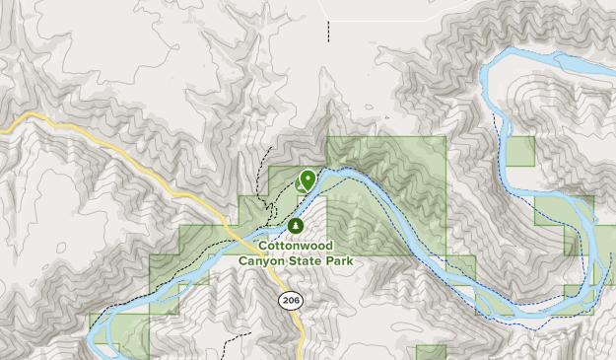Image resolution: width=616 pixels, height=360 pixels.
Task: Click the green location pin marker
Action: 308,180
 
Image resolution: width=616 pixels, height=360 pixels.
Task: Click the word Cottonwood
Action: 295,246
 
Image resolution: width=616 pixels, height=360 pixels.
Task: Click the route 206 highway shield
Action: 290,300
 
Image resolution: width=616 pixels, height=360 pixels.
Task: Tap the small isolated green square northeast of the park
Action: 519,151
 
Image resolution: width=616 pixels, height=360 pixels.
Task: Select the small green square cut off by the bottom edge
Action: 430,353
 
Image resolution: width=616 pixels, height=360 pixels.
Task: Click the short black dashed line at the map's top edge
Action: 328,29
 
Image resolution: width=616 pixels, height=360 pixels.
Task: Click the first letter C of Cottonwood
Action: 262,246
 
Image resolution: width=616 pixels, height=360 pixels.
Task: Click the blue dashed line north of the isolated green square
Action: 497,123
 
